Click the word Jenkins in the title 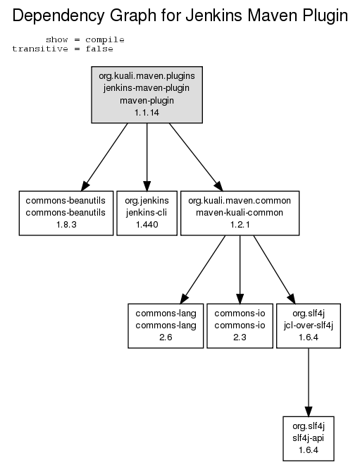[x=213, y=15]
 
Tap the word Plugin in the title [x=325, y=16]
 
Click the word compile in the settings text [x=105, y=39]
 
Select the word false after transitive [x=99, y=49]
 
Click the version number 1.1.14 [x=147, y=113]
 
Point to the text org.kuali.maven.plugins [x=147, y=76]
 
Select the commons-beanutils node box [x=66, y=213]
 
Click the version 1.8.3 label [x=66, y=225]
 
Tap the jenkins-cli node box [x=147, y=213]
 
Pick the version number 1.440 [x=147, y=225]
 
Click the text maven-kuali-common [x=240, y=212]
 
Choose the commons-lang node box [x=166, y=325]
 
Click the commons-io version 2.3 [x=240, y=337]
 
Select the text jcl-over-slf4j [x=309, y=325]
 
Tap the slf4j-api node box [x=309, y=439]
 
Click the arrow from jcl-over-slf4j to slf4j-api [x=309, y=383]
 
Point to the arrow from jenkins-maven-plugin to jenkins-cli [x=147, y=157]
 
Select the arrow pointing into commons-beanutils [x=104, y=157]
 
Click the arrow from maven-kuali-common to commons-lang [x=203, y=270]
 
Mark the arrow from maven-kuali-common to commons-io [x=240, y=270]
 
